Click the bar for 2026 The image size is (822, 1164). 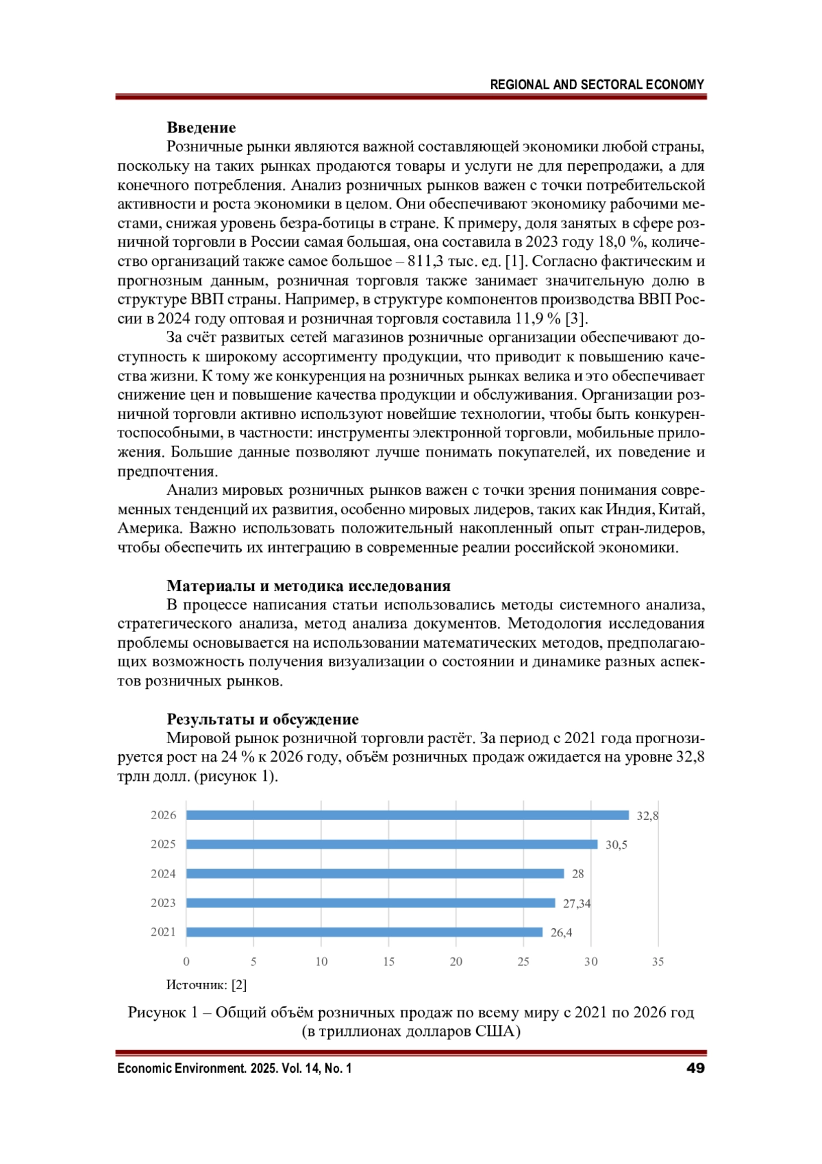click(x=408, y=815)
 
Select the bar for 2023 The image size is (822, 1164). click(x=371, y=903)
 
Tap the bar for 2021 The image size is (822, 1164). click(x=364, y=932)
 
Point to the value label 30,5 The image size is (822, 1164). click(x=616, y=845)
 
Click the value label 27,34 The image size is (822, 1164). click(x=577, y=904)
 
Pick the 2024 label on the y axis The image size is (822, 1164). click(x=163, y=874)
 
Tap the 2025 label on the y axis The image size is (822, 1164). click(x=163, y=845)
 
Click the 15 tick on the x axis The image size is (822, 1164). click(x=388, y=962)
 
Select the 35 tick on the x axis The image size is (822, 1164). click(x=658, y=962)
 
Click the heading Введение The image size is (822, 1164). click(x=201, y=128)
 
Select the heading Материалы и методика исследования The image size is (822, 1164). click(x=308, y=586)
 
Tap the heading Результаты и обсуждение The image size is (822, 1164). click(x=262, y=719)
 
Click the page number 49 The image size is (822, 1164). click(x=695, y=1068)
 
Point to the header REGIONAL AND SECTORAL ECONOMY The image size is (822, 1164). click(x=597, y=85)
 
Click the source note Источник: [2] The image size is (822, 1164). click(x=206, y=985)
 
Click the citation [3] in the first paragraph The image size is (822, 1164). click(x=576, y=319)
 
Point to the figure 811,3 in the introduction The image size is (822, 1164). click(x=428, y=261)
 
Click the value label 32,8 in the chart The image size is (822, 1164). click(x=647, y=816)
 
